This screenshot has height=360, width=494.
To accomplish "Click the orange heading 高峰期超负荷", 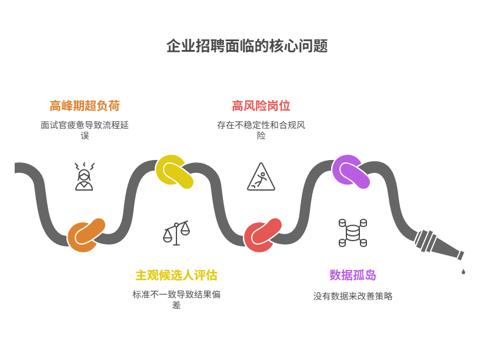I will (85, 106).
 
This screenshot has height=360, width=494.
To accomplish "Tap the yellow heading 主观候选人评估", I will (176, 275).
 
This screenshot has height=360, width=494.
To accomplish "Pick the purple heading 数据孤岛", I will (353, 275).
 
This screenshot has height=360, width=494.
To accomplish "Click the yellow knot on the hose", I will (175, 172).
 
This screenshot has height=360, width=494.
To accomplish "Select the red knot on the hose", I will (263, 235).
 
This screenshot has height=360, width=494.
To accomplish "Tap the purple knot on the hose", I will (351, 172).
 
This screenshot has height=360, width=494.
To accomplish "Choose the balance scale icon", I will (176, 233).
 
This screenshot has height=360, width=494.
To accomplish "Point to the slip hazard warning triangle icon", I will (261, 177).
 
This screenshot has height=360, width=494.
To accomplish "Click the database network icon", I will (353, 232).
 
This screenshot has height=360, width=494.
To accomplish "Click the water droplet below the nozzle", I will (463, 272).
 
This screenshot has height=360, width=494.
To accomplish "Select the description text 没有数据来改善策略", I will (353, 296).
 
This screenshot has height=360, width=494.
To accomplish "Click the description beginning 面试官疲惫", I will (85, 130).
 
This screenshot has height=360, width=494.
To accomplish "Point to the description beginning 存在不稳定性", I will (261, 130).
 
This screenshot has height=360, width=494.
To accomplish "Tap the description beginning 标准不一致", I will (176, 299).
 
